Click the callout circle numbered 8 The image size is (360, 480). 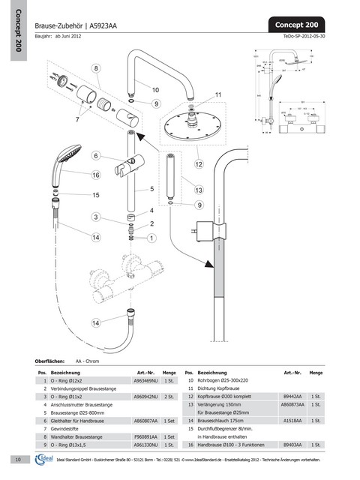96,68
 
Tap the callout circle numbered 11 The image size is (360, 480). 219,94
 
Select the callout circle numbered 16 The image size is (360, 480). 96,175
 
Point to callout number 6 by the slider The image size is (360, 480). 96,155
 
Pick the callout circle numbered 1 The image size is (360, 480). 152,238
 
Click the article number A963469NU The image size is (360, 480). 145,382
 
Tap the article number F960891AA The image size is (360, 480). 145,434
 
